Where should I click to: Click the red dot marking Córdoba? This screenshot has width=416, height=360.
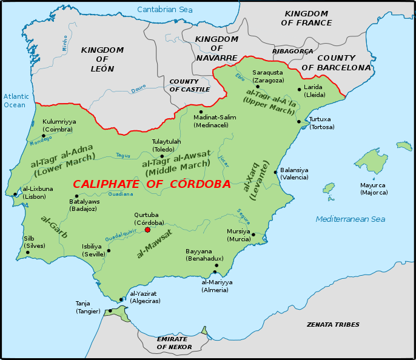147,230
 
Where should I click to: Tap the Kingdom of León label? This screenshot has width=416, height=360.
102,59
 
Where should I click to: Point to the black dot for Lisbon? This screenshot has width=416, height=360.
15,195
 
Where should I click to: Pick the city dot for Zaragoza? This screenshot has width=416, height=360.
258,87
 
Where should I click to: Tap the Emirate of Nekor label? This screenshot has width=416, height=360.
174,343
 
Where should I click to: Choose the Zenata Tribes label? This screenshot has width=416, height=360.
333,325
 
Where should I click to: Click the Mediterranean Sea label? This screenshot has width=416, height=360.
351,219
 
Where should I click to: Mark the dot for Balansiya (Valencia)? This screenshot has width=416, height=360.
275,172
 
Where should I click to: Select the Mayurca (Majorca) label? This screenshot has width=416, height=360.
374,188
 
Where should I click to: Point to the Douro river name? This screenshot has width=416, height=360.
139,90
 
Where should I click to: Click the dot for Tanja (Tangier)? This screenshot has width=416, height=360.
110,312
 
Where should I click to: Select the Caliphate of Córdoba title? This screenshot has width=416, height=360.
152,184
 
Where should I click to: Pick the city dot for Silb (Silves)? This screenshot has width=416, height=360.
27,253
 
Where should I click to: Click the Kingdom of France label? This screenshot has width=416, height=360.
307,18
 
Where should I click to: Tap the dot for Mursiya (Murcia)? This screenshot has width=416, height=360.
253,234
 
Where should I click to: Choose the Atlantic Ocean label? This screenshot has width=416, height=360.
15,101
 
